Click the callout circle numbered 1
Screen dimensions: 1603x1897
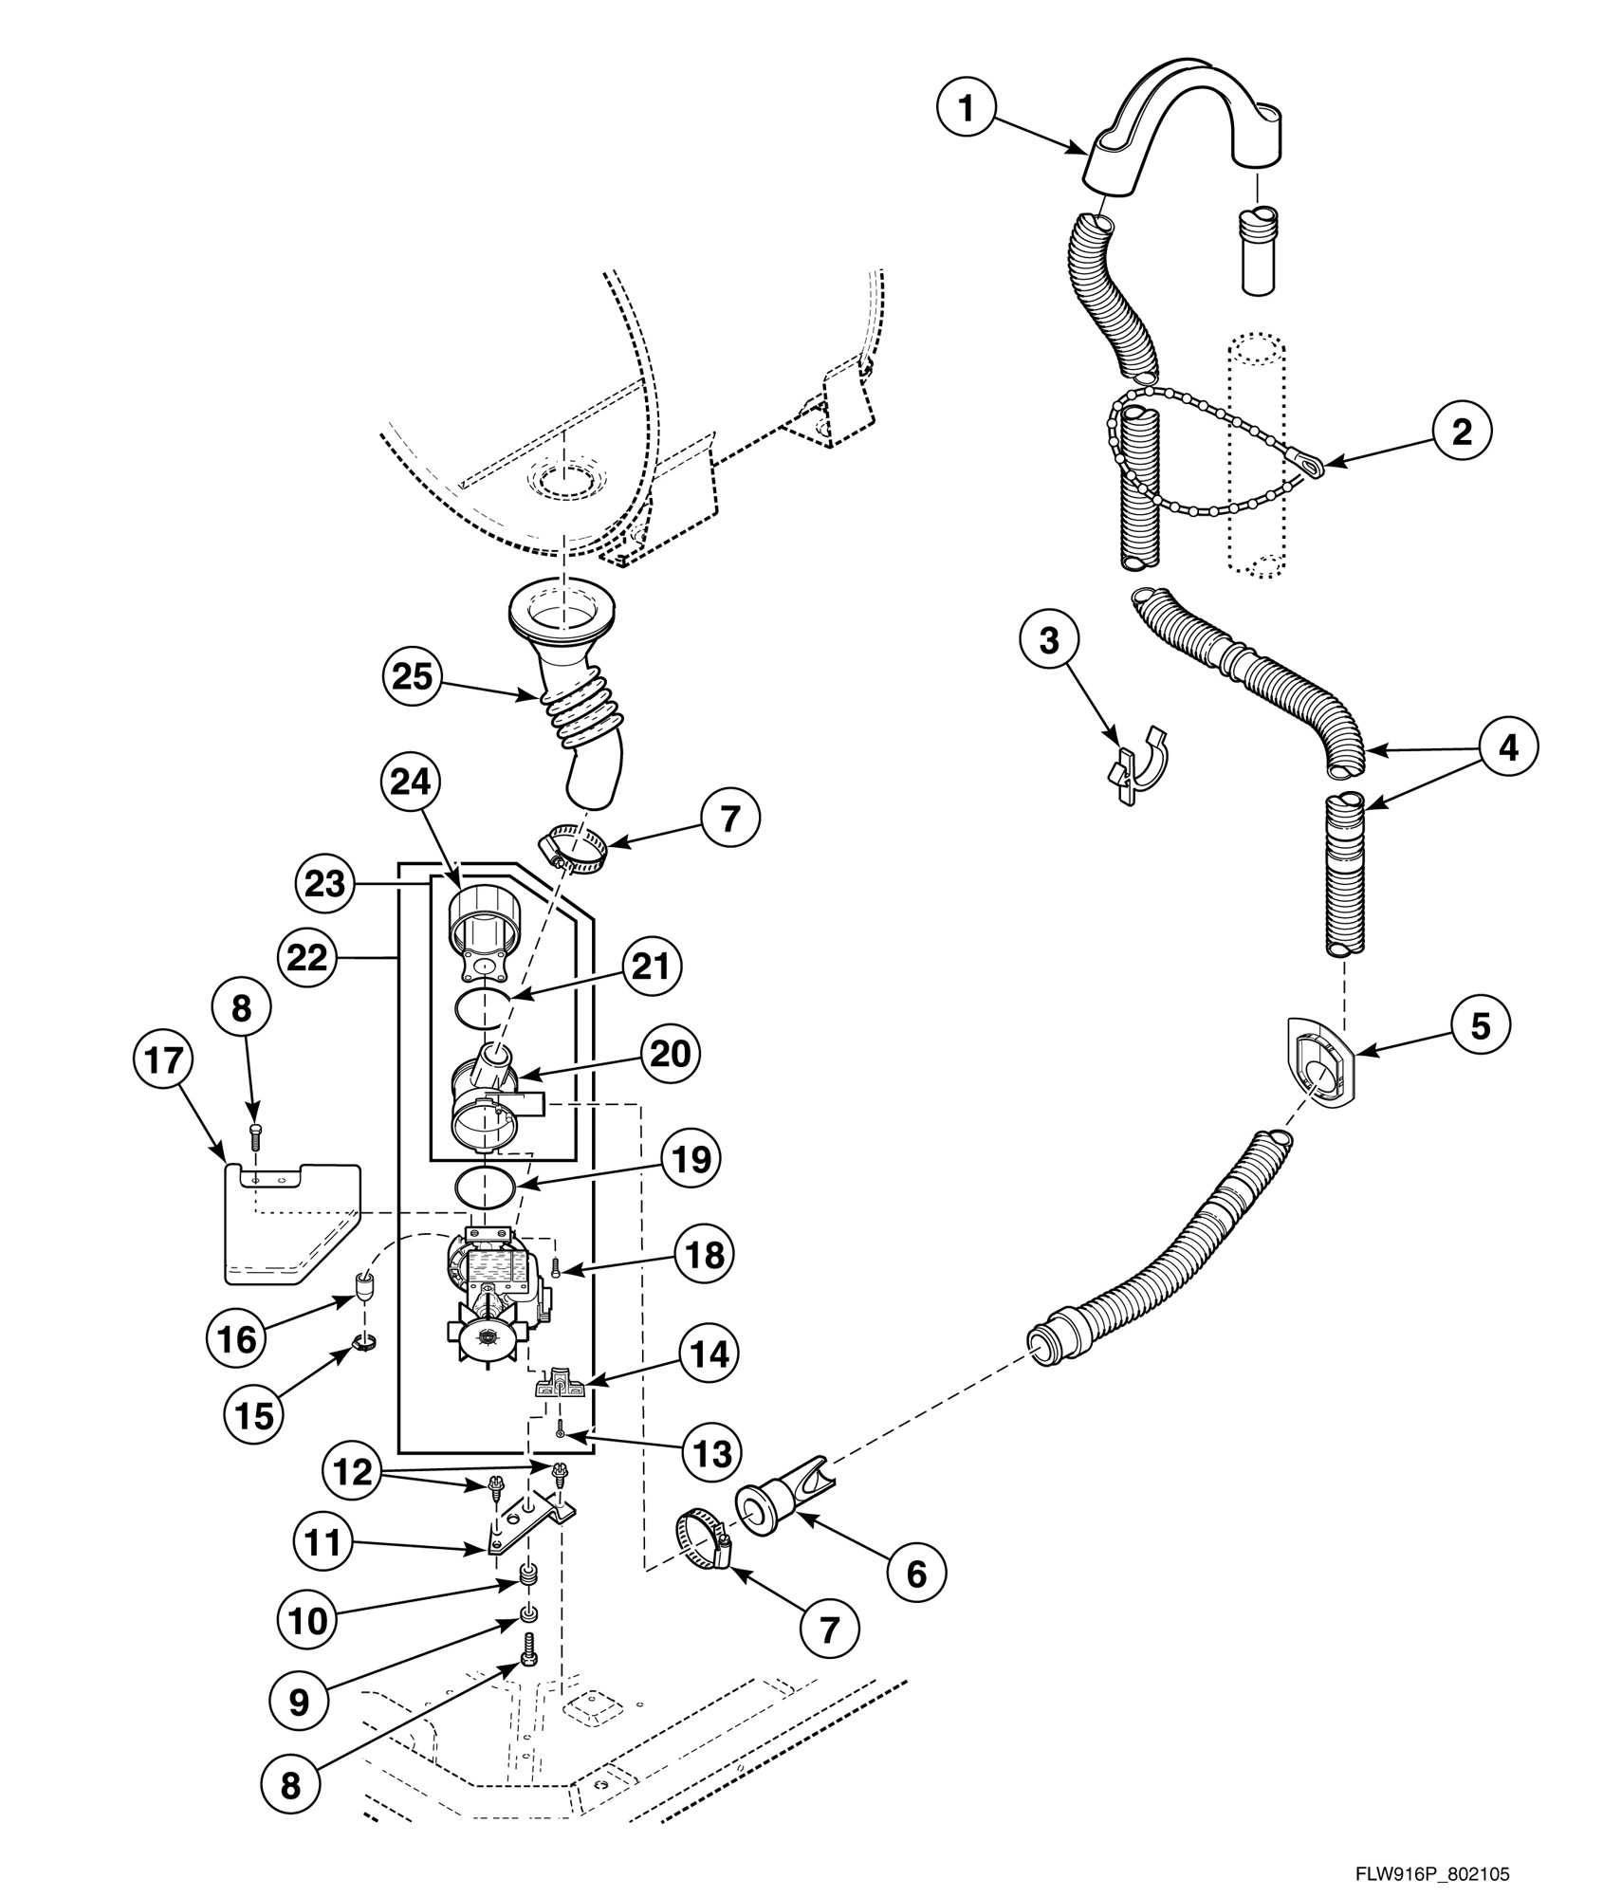tap(967, 110)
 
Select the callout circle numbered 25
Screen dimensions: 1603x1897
tap(413, 676)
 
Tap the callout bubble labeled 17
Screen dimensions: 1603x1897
tap(164, 1060)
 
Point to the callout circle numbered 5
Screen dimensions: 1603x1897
tap(1481, 1024)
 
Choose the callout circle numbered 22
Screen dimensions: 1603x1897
tap(308, 957)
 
